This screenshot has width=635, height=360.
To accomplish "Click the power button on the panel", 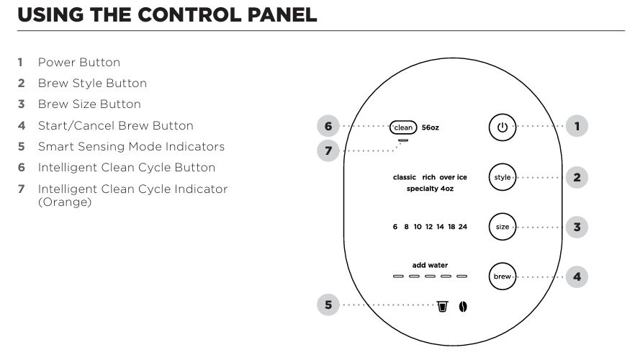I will point(503,127).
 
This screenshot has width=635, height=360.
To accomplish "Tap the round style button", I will point(503,177).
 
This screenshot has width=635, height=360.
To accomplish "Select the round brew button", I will point(503,276).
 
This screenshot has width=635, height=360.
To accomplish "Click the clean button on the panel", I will point(403,127).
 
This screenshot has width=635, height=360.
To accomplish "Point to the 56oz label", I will point(430,127).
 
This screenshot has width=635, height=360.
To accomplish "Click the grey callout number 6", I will point(328,127).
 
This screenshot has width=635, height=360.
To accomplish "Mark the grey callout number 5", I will point(328,305).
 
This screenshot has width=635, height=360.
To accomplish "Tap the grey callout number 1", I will point(577,127).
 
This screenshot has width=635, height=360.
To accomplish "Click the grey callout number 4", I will point(577,276).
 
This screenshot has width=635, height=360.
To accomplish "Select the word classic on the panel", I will point(405,177).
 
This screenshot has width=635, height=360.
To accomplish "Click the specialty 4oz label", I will point(430,189).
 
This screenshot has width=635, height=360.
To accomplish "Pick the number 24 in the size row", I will point(463,227).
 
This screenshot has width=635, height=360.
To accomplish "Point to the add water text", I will point(430,265).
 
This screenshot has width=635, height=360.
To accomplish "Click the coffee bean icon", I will point(464,307).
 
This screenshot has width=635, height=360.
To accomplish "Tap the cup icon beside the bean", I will point(443,307).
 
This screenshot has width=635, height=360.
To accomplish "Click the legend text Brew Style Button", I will point(92,84).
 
